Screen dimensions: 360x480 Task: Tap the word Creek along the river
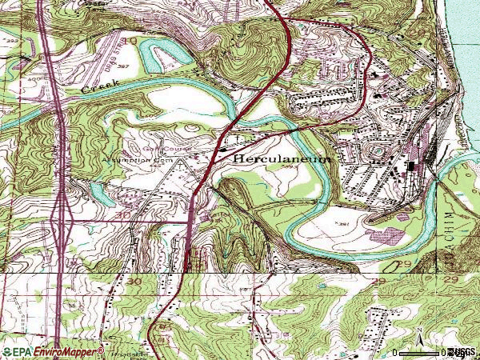click(x=101, y=86)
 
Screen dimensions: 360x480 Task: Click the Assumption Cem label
click(x=125, y=159)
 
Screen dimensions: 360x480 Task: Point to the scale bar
click(x=419, y=352)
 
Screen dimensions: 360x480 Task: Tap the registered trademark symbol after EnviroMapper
click(x=102, y=349)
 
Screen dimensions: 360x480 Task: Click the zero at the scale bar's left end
click(x=395, y=353)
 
